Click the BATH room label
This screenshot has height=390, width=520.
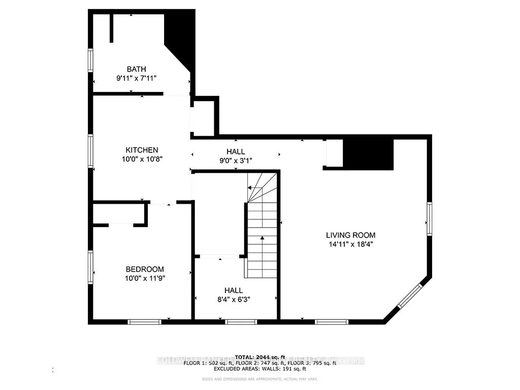136,69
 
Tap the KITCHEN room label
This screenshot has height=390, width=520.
142,150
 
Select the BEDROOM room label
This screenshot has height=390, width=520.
145,269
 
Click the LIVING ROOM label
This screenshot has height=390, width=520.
350,235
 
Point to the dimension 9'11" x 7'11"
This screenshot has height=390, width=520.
136,78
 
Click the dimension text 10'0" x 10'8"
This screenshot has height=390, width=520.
142,159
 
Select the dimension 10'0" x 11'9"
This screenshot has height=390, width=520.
145,278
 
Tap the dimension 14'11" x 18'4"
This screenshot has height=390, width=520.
350,244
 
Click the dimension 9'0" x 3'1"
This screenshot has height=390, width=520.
236,160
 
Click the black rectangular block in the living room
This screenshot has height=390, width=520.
368,153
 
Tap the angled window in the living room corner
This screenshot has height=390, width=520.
409,296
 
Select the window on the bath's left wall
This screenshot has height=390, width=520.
90,60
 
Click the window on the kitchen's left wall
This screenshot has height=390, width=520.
90,150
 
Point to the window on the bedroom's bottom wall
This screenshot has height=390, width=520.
144,321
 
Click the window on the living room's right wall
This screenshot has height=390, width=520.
430,218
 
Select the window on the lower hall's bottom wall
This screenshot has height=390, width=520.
241,321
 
